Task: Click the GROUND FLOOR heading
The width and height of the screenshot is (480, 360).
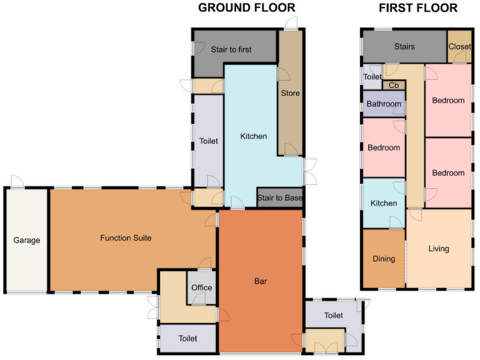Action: (x=246, y=8)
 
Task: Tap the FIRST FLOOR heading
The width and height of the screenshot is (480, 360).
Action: (x=418, y=8)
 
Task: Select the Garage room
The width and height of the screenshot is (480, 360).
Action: (x=26, y=240)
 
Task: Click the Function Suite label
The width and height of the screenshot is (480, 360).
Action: (x=126, y=238)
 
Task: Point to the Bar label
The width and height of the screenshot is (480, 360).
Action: (x=261, y=281)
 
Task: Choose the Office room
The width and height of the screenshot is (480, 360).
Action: (x=201, y=288)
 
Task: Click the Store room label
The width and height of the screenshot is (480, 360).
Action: (x=290, y=93)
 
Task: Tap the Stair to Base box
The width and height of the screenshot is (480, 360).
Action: (x=280, y=198)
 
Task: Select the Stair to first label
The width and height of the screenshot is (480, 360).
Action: (x=231, y=49)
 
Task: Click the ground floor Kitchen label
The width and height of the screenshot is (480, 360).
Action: (x=254, y=136)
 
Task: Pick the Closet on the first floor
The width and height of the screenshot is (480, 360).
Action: (x=459, y=46)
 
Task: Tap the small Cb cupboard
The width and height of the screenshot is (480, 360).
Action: (x=393, y=86)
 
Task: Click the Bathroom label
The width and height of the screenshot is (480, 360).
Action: (x=383, y=104)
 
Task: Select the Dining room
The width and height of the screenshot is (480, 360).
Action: (x=384, y=259)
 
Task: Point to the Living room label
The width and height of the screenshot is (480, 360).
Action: (x=439, y=249)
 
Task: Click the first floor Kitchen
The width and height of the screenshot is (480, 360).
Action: (x=384, y=203)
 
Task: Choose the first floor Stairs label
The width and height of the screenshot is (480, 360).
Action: (x=404, y=47)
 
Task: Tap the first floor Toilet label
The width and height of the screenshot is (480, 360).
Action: (x=372, y=77)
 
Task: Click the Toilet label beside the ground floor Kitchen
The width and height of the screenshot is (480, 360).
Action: (x=208, y=141)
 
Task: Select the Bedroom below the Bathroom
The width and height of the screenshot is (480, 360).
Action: (x=383, y=148)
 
